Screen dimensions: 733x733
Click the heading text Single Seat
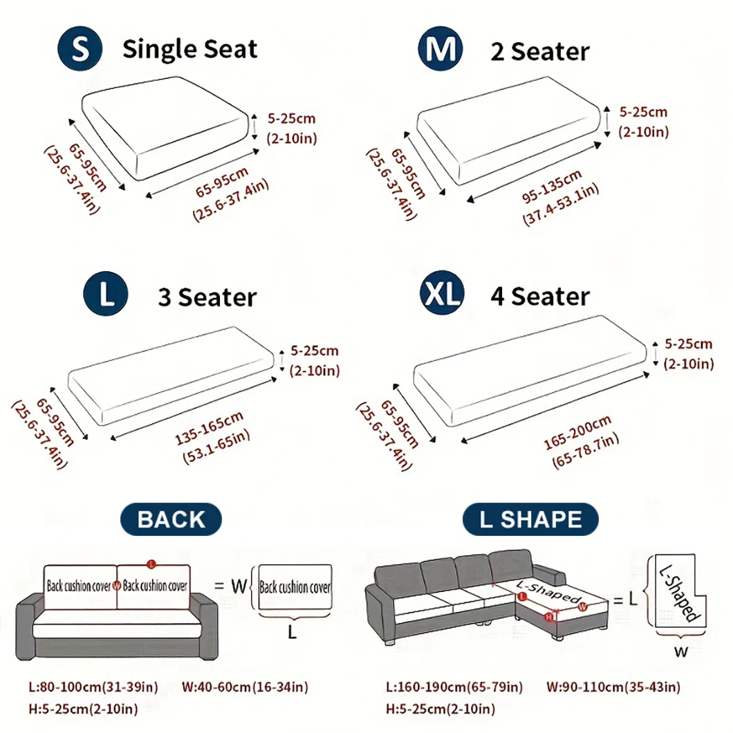coord(189,50)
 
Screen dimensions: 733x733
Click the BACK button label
coord(171,519)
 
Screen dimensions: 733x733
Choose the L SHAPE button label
coord(530,519)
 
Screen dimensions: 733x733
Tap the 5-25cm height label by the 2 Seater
coord(642,111)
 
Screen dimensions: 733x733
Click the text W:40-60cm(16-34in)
coord(245,687)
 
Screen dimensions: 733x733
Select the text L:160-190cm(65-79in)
coord(454,687)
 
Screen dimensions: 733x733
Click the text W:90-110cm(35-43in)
coord(613,687)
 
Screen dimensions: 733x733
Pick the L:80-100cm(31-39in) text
coord(93,687)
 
